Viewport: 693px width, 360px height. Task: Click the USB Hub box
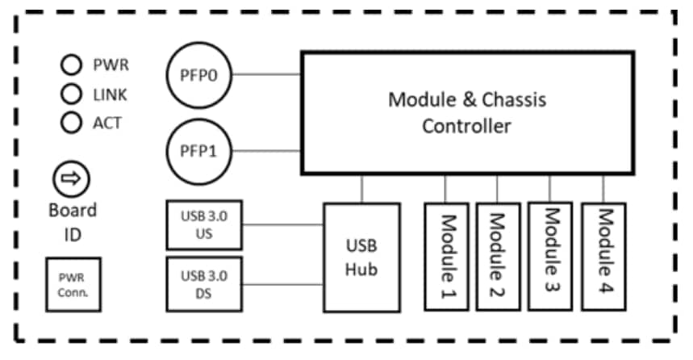(361, 257)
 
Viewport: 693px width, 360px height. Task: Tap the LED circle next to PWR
(72, 65)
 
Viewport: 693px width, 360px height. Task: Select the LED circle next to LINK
(72, 94)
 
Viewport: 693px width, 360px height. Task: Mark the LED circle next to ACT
(72, 123)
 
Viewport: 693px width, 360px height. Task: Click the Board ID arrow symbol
(72, 178)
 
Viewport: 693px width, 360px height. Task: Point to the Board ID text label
(72, 221)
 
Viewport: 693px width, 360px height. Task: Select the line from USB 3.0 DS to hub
(282, 285)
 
